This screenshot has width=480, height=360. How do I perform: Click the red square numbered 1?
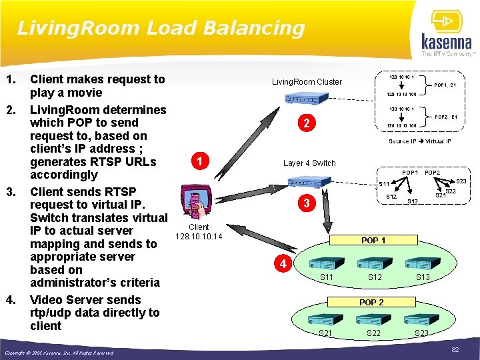click(x=198, y=161)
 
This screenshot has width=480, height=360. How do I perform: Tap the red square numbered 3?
click(x=305, y=204)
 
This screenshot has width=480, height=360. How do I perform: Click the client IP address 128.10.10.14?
click(x=198, y=237)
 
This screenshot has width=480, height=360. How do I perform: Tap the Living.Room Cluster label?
click(x=307, y=82)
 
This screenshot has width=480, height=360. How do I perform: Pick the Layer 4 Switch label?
click(x=309, y=163)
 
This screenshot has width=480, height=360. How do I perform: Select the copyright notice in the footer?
click(x=59, y=353)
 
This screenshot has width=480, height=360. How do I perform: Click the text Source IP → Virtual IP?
click(x=419, y=141)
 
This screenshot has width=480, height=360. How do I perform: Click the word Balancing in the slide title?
click(x=256, y=28)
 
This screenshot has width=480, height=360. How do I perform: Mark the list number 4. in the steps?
click(x=10, y=300)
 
